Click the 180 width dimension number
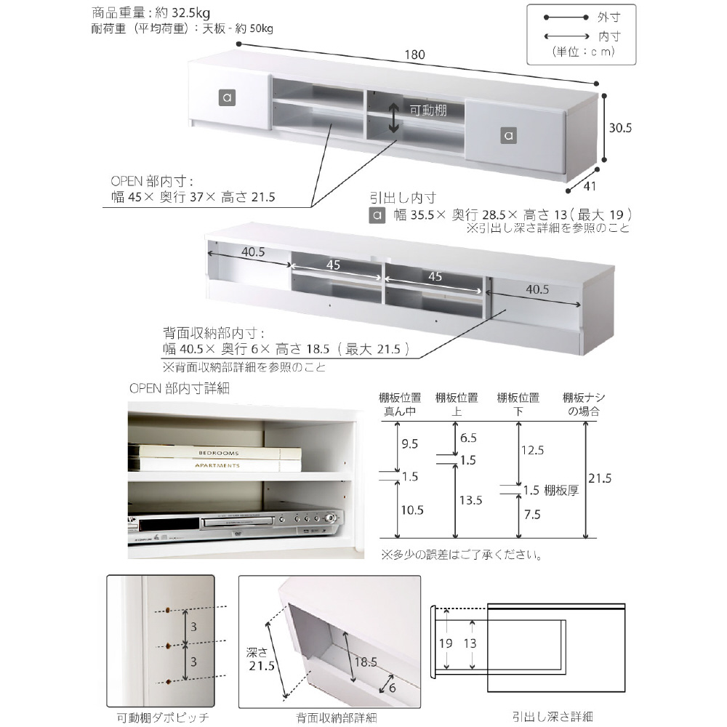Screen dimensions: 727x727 click(415, 55)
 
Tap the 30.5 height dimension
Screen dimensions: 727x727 click(620, 127)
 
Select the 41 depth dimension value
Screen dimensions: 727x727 click(590, 187)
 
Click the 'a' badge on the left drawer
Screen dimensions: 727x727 click(227, 98)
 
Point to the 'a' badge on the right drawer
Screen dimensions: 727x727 click(508, 134)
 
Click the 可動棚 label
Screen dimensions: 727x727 click(428, 111)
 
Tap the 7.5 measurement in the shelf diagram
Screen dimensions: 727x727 click(531, 514)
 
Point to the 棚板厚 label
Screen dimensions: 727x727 click(561, 490)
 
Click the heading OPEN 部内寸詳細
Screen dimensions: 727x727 click(180, 389)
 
